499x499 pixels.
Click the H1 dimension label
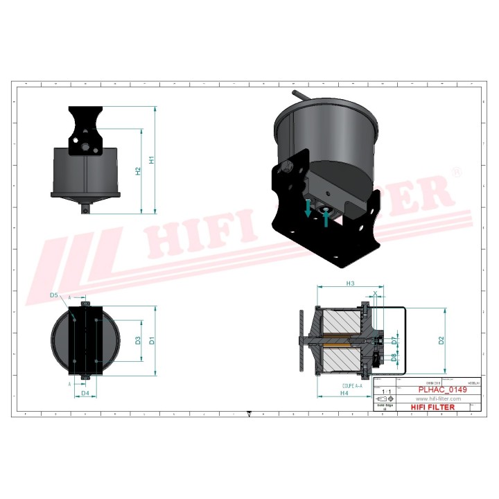click(151, 160)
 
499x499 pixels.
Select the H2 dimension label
click(138, 170)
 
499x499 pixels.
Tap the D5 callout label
click(54, 295)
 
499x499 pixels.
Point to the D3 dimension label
click(138, 340)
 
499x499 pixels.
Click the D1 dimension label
click(151, 340)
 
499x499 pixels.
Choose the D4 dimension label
click(85, 394)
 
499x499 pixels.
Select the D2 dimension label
click(441, 340)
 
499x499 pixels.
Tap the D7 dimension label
click(393, 340)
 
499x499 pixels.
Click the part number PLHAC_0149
click(441, 390)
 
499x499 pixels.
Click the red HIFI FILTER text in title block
click(433, 408)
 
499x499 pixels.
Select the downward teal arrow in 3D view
click(308, 206)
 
